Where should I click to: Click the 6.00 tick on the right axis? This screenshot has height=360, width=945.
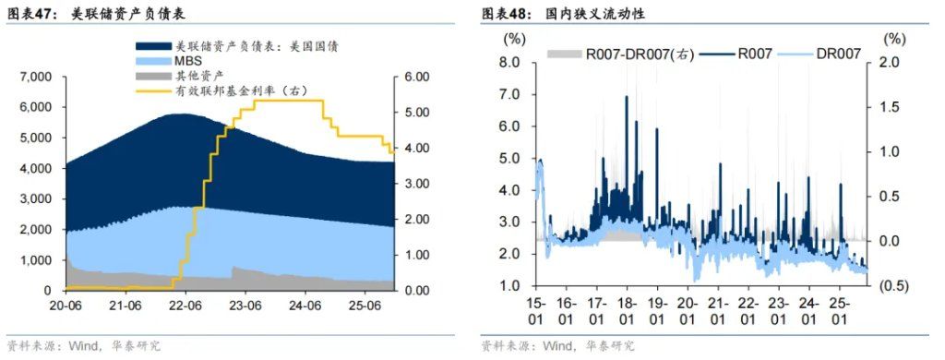[x=419, y=77]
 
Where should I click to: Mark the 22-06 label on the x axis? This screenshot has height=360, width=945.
[x=185, y=305]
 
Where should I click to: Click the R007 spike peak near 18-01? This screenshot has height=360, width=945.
[x=628, y=97]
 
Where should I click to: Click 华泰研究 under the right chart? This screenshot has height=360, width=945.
[x=610, y=345]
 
